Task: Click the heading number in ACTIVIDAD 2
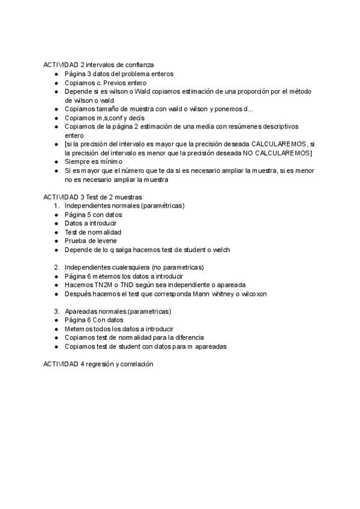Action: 82,65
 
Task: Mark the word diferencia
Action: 185,338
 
